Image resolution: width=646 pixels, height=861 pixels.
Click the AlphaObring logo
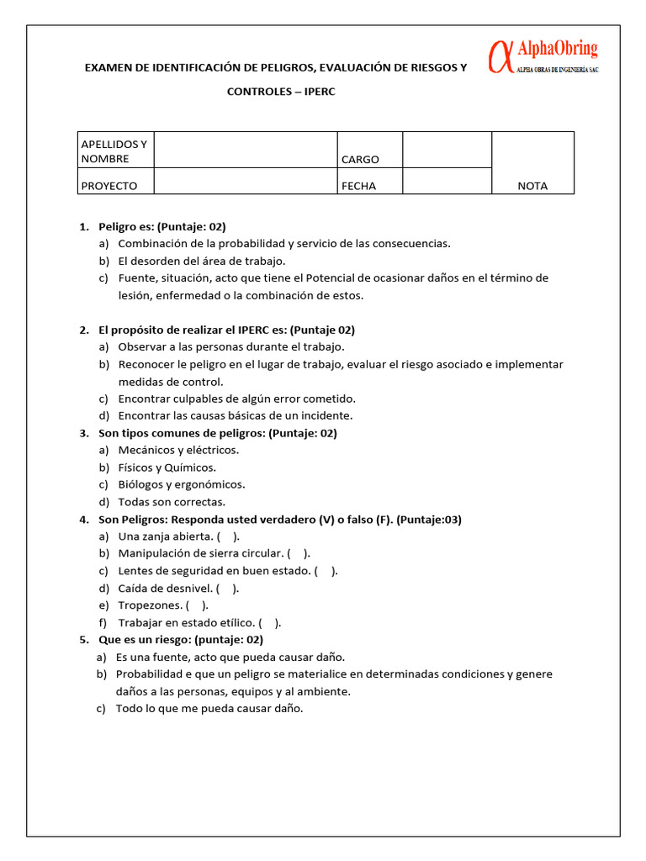coord(543,58)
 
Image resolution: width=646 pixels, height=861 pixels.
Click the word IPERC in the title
coord(317,91)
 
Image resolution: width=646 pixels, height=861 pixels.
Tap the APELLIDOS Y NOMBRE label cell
coord(114,151)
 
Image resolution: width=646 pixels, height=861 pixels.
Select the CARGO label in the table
coord(360,159)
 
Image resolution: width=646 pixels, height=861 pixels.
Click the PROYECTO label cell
coord(109,186)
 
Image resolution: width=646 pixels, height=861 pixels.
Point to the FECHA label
coord(359,186)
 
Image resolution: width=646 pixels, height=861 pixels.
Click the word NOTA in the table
coord(532,186)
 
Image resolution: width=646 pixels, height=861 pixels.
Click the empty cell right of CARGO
coord(447,150)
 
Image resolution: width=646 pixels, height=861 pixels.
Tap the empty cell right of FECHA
coord(447,181)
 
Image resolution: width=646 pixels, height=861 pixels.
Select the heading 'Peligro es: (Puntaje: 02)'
coord(162,226)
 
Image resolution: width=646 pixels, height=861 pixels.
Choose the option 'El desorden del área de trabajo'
coord(202,261)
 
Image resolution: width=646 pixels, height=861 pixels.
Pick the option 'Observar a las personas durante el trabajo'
coord(231,346)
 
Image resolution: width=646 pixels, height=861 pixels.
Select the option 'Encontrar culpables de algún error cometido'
coord(236,399)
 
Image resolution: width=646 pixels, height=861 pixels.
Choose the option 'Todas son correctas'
coord(172,502)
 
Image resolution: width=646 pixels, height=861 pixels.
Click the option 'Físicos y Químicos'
coord(167,467)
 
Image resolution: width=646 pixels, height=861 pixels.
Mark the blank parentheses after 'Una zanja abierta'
coord(228,536)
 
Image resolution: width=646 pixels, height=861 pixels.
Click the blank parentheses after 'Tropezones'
coord(198,605)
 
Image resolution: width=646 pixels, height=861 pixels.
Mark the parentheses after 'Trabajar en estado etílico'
coord(270,623)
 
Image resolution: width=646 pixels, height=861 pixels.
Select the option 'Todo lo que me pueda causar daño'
coord(209,708)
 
